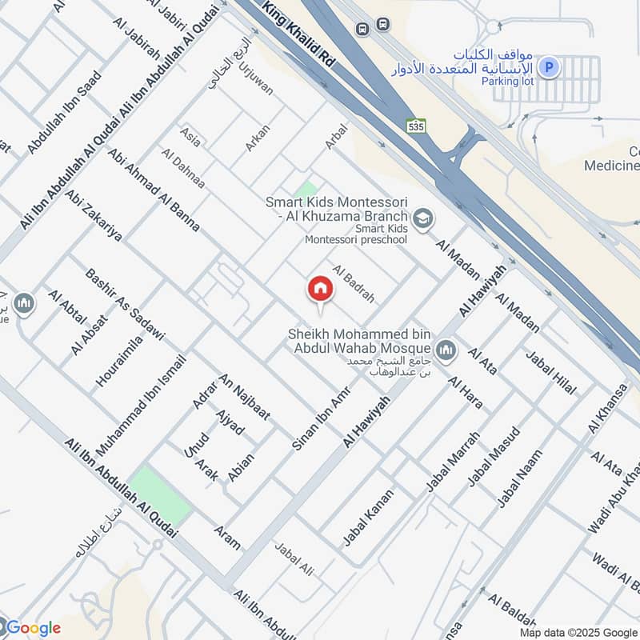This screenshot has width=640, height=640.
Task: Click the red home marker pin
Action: coord(320,289)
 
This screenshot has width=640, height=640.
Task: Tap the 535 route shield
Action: coord(415,126)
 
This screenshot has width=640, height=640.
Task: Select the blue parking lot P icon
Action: coord(549,68)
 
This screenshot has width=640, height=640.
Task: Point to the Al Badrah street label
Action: coord(353,284)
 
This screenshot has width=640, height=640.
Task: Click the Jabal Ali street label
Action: coord(294,558)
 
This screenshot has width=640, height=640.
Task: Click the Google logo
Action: coord(32,628)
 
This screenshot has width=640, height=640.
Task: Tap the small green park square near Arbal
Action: coord(305,190)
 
